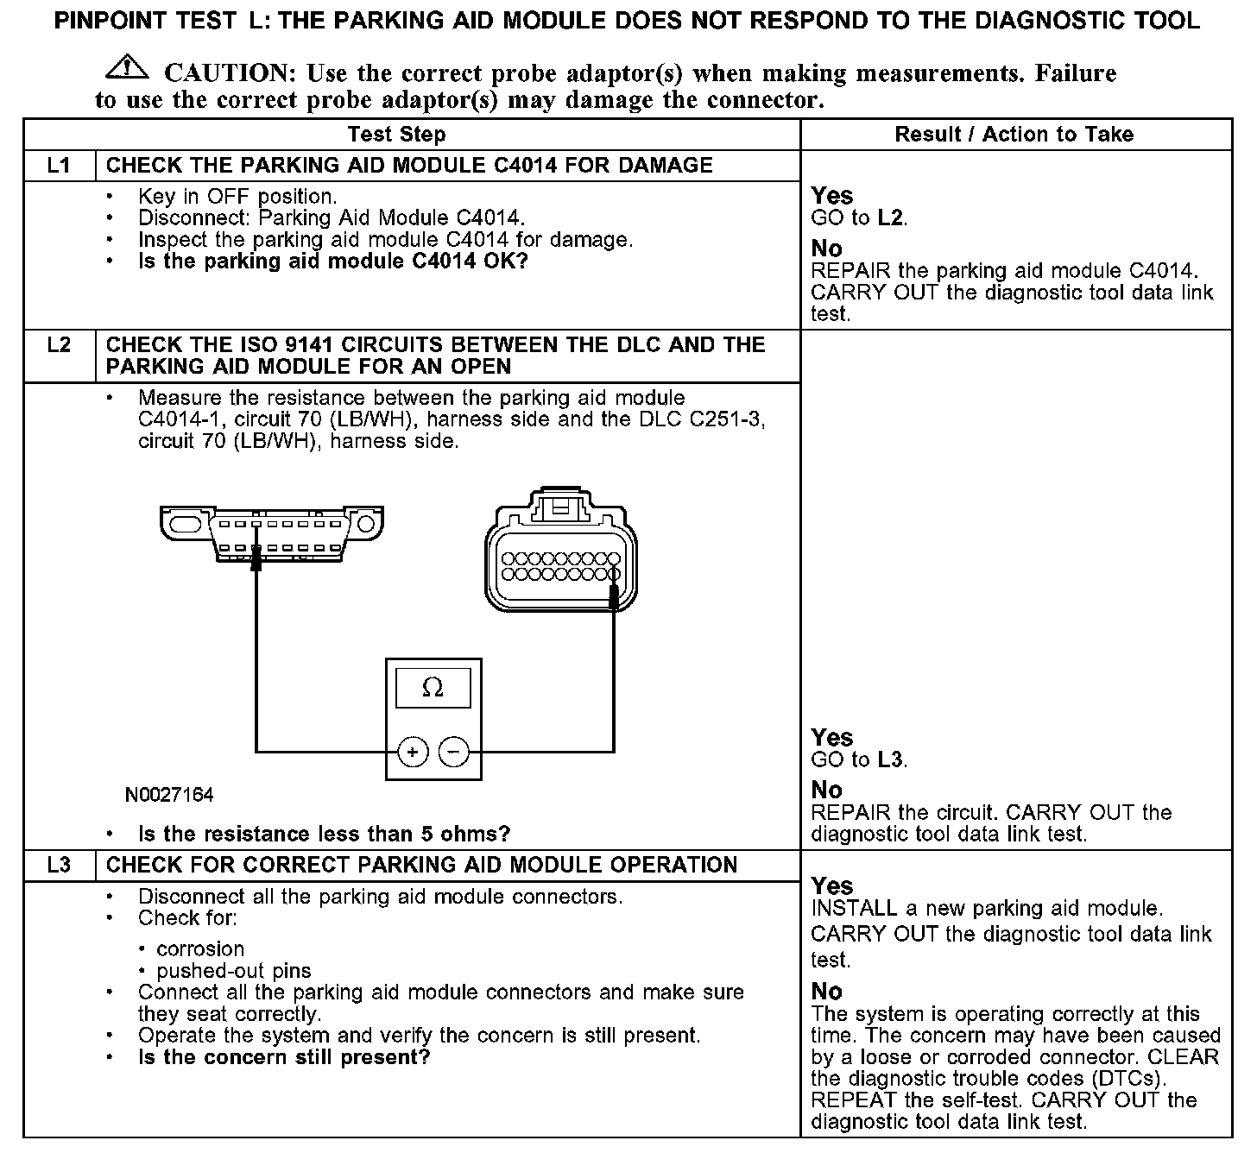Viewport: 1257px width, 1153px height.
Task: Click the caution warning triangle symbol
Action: pyautogui.click(x=126, y=67)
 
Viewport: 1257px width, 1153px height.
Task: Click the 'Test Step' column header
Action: pyautogui.click(x=396, y=135)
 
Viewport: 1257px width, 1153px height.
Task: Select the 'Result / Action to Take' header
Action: pyautogui.click(x=1014, y=135)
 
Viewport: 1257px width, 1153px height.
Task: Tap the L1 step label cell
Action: pyautogui.click(x=59, y=166)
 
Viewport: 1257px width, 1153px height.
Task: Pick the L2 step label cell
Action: pyautogui.click(x=59, y=345)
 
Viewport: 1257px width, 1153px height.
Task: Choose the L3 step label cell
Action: pyautogui.click(x=59, y=866)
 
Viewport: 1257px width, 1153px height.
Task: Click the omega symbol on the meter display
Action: pyautogui.click(x=433, y=689)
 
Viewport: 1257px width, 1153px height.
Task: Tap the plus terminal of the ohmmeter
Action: pyautogui.click(x=413, y=753)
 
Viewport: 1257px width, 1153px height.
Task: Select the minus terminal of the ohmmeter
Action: pyautogui.click(x=454, y=753)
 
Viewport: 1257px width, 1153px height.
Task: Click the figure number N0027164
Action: pyautogui.click(x=169, y=795)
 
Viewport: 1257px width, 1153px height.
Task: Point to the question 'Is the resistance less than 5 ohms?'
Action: pyautogui.click(x=324, y=835)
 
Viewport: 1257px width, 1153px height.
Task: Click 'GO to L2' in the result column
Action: pyautogui.click(x=859, y=218)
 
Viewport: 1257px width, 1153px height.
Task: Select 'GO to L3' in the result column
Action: pyautogui.click(x=859, y=760)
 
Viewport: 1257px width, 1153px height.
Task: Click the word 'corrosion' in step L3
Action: pyautogui.click(x=200, y=949)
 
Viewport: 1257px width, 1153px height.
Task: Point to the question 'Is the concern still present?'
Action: pyautogui.click(x=283, y=1057)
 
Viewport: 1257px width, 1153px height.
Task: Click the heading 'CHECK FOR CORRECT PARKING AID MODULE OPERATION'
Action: pyautogui.click(x=421, y=866)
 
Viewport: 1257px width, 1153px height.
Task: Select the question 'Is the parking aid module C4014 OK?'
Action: pyautogui.click(x=332, y=261)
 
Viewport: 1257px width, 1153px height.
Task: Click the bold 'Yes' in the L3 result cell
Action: pyautogui.click(x=832, y=886)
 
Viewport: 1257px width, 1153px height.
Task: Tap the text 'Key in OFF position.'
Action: pyautogui.click(x=237, y=197)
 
